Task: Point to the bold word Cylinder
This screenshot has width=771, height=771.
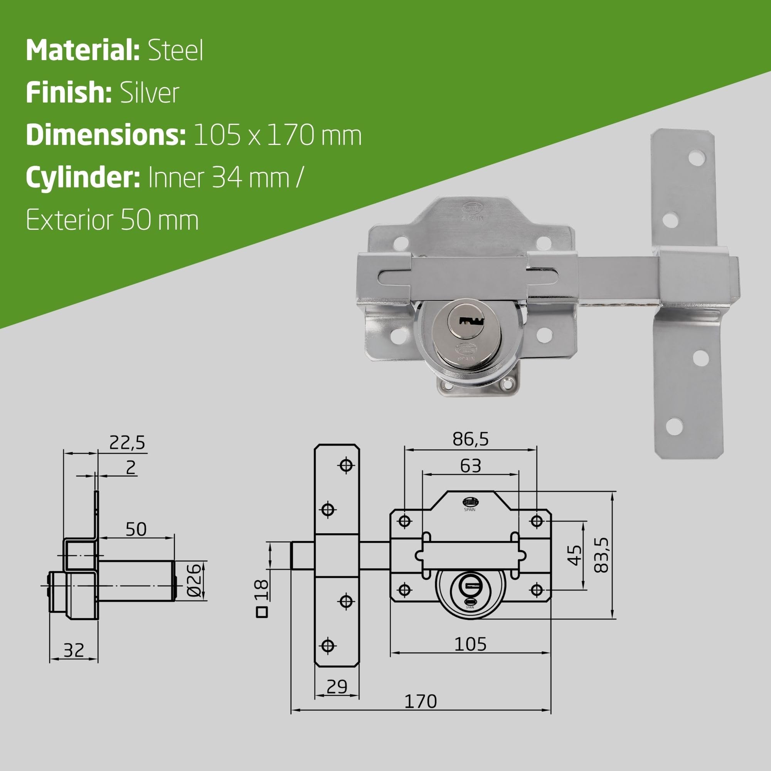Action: point(82,178)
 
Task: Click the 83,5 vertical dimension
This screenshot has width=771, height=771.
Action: point(601,555)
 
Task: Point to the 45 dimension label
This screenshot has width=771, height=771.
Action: point(575,555)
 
